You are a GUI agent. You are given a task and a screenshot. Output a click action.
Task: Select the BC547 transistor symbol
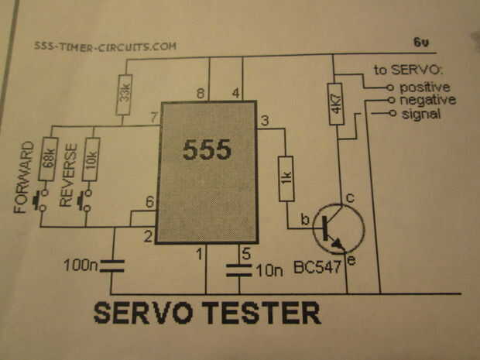[x=337, y=227]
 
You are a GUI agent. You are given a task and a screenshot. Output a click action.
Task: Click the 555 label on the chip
[x=207, y=150]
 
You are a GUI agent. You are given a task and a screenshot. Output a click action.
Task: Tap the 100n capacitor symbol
[x=112, y=266]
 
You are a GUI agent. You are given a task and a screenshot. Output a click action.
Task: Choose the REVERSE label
[x=67, y=174]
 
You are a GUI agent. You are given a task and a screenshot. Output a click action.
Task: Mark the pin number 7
[x=153, y=117]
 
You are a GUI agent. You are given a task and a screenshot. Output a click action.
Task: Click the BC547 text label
[x=318, y=268]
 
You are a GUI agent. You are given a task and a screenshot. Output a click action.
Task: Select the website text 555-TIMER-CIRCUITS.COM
[x=105, y=46]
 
